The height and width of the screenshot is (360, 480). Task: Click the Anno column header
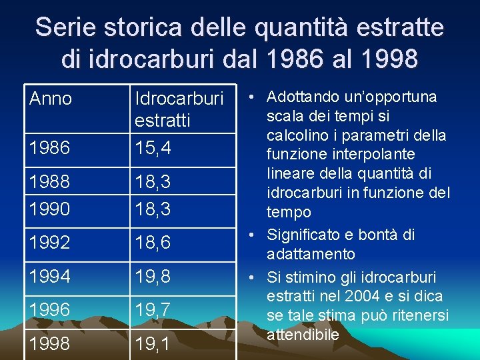click(51, 99)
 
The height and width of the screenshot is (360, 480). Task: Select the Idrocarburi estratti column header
click(179, 109)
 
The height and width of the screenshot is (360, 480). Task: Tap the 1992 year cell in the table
click(50, 243)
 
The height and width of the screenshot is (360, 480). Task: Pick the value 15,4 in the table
click(153, 147)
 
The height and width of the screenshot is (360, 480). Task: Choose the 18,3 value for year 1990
click(153, 209)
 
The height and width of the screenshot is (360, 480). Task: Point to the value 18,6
click(153, 243)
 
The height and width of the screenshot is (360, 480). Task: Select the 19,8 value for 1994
click(153, 275)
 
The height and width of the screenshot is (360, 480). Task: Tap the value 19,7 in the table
click(153, 309)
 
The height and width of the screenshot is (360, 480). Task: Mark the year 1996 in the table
click(50, 309)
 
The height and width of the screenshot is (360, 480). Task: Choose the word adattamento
click(311, 254)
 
